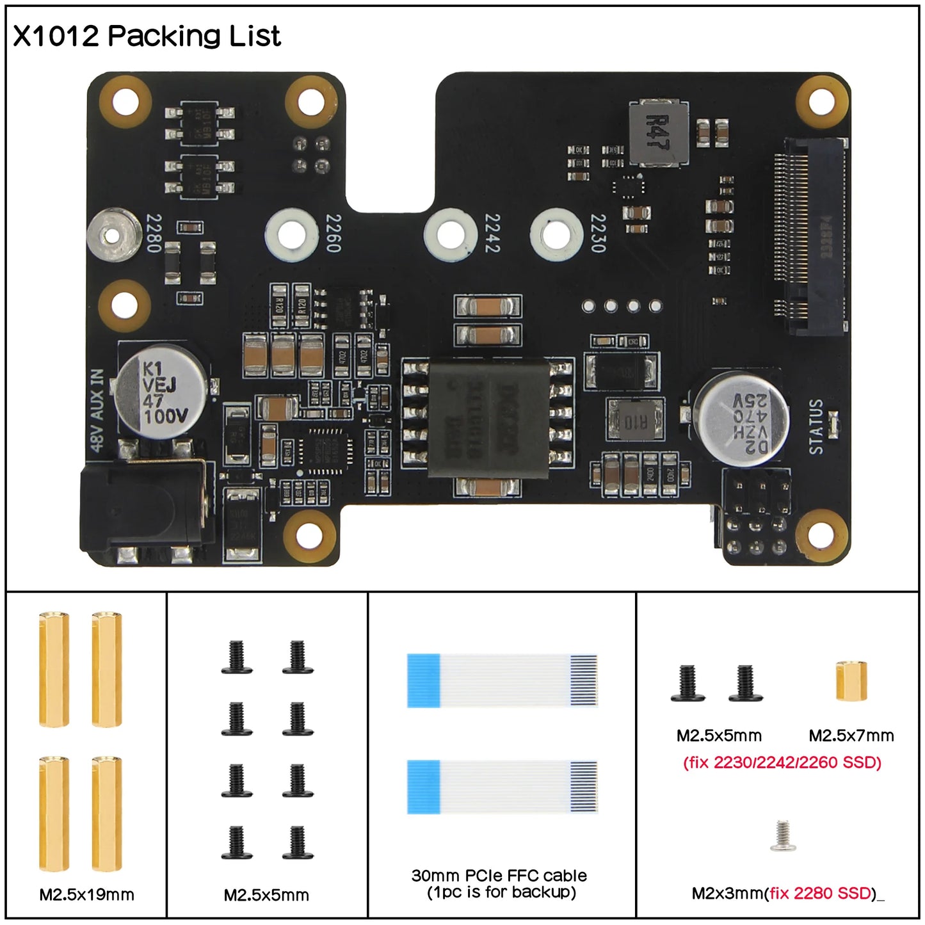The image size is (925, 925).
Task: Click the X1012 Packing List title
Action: [x=147, y=36]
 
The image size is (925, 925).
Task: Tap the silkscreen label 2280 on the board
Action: [x=154, y=233]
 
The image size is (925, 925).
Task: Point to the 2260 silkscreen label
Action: [x=334, y=233]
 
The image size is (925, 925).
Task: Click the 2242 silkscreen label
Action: [x=492, y=233]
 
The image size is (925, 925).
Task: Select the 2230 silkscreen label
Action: [x=597, y=233]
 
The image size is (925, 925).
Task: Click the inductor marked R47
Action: [x=658, y=133]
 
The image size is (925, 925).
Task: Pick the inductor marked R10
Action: [x=636, y=421]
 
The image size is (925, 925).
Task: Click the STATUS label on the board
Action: [x=816, y=426]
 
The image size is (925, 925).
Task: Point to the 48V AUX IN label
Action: [x=97, y=410]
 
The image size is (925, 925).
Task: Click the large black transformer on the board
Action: [x=488, y=420]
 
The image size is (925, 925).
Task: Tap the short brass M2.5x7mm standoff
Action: [x=851, y=681]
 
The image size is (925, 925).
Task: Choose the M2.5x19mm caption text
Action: [x=87, y=895]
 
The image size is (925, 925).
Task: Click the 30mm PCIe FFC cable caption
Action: [x=499, y=883]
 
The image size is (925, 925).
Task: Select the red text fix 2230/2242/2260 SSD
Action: [x=782, y=762]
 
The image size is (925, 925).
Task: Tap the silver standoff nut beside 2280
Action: [x=113, y=235]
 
